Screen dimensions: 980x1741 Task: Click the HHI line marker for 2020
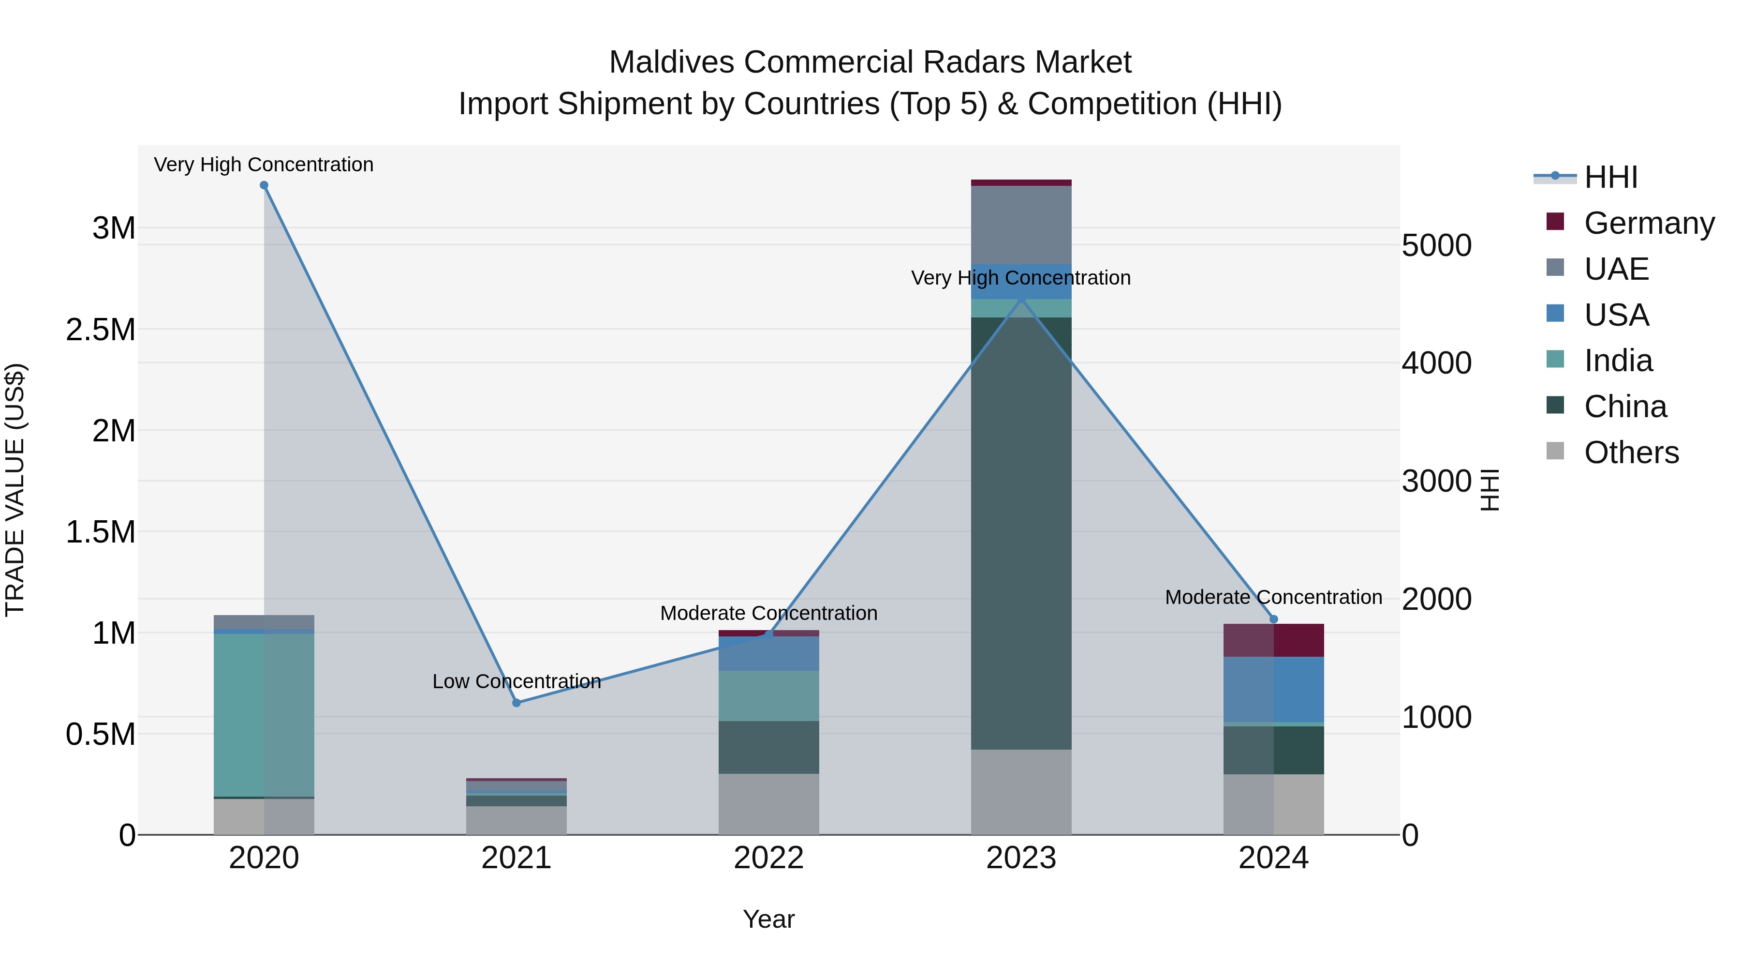pos(264,185)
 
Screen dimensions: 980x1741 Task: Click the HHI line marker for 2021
pos(516,703)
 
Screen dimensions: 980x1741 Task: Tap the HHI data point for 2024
pos(1273,619)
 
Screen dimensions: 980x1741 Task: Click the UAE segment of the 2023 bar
pos(1021,225)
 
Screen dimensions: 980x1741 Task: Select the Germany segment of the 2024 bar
pos(1273,640)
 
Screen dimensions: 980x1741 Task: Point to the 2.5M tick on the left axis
pos(100,330)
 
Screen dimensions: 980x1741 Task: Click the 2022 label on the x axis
pos(768,858)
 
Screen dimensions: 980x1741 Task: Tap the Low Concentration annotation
pos(516,681)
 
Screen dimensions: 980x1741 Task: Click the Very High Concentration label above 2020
pos(264,165)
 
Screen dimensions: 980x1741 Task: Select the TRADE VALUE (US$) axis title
pos(15,490)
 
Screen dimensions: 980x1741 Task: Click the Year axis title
pos(768,919)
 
